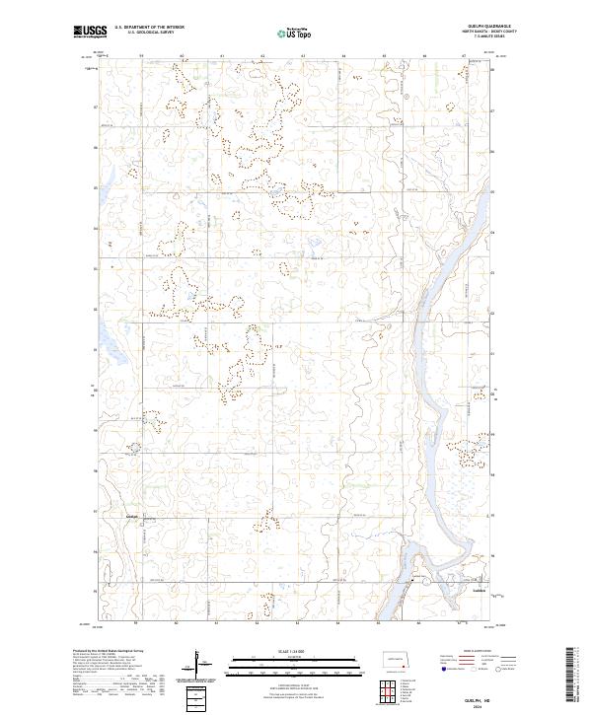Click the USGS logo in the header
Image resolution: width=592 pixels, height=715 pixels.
tap(89, 33)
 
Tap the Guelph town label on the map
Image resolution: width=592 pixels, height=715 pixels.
tap(132, 515)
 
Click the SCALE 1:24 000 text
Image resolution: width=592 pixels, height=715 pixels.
tap(296, 651)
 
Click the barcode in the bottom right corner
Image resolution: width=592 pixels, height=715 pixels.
tap(575, 678)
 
